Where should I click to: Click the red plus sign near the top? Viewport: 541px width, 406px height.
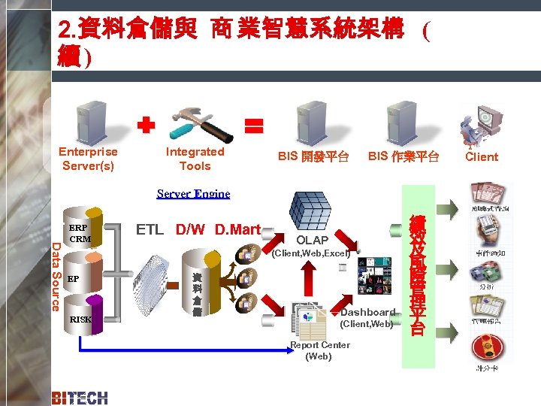(146, 126)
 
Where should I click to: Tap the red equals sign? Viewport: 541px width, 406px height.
(255, 125)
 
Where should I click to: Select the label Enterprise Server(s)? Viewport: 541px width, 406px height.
(89, 159)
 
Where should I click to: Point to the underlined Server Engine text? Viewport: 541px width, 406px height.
(193, 194)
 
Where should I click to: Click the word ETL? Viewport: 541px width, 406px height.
(150, 229)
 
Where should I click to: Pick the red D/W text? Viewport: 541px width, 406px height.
(192, 229)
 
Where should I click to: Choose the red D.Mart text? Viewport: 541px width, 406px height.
(237, 229)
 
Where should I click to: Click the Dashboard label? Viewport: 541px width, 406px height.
(367, 312)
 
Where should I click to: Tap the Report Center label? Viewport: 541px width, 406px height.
(319, 350)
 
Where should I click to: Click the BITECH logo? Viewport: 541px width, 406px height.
(80, 398)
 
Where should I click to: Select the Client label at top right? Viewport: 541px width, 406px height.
(481, 157)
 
